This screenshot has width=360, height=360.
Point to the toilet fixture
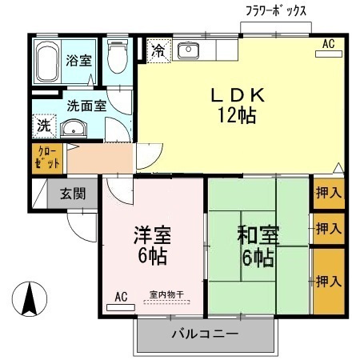click(118, 58)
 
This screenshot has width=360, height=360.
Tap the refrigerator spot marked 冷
click(158, 52)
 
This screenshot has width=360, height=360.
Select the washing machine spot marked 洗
click(43, 126)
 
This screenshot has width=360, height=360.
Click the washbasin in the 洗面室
click(75, 128)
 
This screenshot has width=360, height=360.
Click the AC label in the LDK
click(328, 45)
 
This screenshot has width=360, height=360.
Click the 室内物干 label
click(166, 295)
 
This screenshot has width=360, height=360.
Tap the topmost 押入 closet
click(328, 193)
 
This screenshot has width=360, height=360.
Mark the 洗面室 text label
click(83, 104)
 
